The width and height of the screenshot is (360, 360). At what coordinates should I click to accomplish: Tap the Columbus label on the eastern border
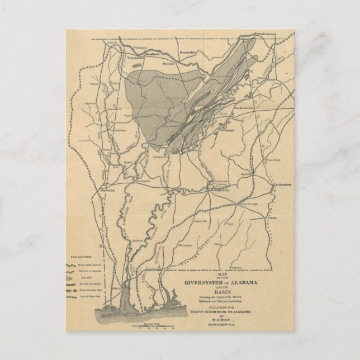coord(280,184)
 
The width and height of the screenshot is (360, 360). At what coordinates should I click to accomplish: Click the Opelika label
coord(245,174)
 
